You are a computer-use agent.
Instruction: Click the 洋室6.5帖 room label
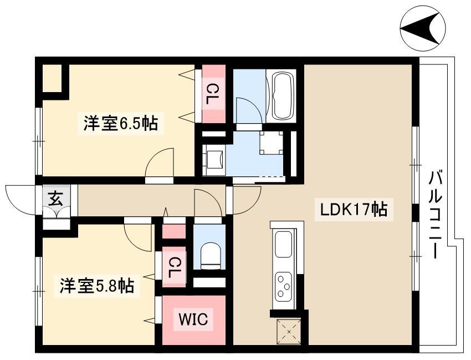click(x=120, y=123)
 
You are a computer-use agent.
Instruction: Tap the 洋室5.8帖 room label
click(x=97, y=286)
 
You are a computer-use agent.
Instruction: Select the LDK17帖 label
click(x=354, y=209)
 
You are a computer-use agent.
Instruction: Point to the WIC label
click(x=193, y=319)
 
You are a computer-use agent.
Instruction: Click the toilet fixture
click(x=211, y=256)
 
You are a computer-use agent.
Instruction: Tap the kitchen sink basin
click(x=283, y=244)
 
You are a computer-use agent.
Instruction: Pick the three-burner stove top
click(x=283, y=286)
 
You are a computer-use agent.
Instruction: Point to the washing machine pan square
click(x=272, y=143)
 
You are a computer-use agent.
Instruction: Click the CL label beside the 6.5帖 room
click(x=213, y=94)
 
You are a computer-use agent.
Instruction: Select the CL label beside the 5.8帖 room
click(x=174, y=268)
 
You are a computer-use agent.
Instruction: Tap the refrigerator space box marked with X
click(x=289, y=332)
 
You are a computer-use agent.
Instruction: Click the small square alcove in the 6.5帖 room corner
click(x=52, y=77)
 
